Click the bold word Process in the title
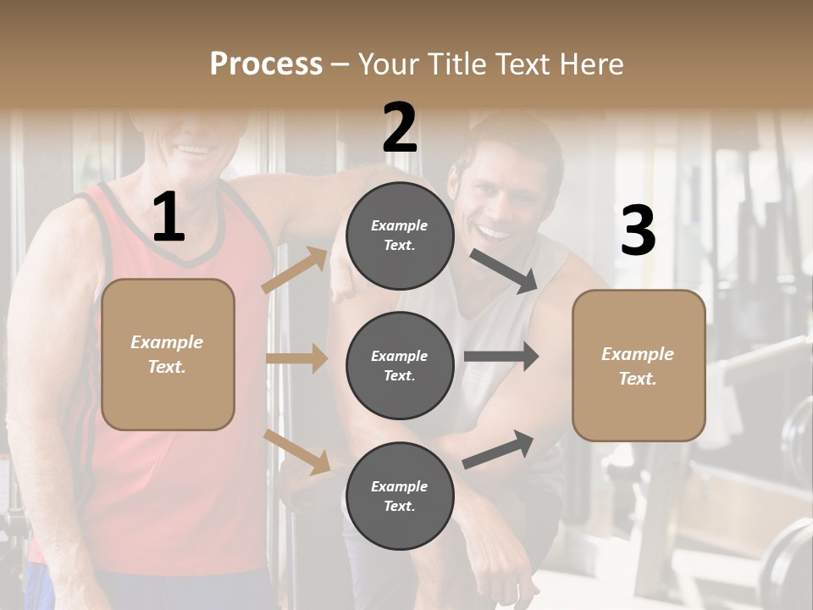[x=266, y=64]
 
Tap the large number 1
[x=169, y=218]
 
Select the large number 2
[x=400, y=128]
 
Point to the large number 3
[x=638, y=230]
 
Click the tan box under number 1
[x=168, y=354]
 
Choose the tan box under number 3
[x=639, y=366]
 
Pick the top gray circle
[x=400, y=236]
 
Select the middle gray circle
[x=400, y=365]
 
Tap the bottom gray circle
[x=400, y=496]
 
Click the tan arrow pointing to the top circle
[x=295, y=270]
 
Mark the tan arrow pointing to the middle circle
[x=296, y=358]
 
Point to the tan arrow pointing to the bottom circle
[x=296, y=450]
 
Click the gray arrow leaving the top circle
[x=504, y=270]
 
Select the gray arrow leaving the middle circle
[x=501, y=356]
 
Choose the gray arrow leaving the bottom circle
[x=499, y=449]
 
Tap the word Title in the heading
[x=454, y=64]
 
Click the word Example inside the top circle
[x=400, y=225]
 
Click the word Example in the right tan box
[x=638, y=354]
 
